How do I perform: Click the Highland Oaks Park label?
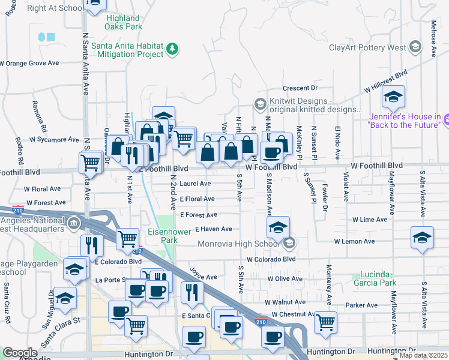click(123, 23)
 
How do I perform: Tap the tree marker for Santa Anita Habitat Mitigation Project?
click(173, 49)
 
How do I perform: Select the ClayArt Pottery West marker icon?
click(415, 47)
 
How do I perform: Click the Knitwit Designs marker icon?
click(260, 104)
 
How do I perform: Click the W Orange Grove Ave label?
click(29, 62)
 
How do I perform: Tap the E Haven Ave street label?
click(213, 229)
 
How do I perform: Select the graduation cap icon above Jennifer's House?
click(393, 96)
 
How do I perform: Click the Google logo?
click(20, 353)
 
